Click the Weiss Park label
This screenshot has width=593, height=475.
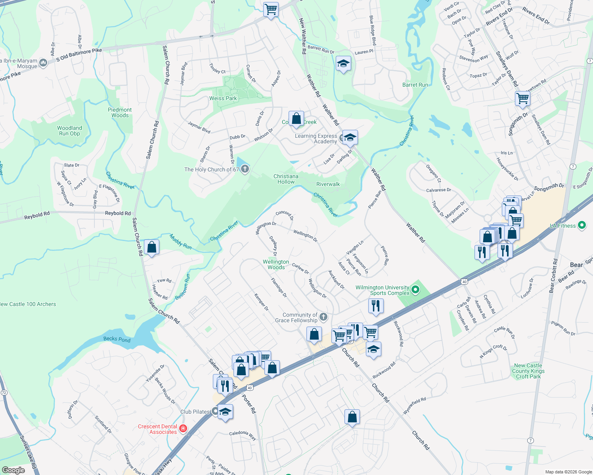(223, 98)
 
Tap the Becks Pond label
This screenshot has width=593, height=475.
(117, 339)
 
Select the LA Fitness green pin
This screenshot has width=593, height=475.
(582, 226)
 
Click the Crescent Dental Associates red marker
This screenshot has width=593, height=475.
(183, 428)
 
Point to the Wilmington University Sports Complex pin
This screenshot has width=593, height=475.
(415, 290)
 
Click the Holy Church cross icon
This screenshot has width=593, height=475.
(245, 169)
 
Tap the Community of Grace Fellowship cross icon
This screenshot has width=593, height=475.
(323, 317)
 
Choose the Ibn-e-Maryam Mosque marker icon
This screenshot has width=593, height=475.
(43, 63)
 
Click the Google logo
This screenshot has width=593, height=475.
(13, 470)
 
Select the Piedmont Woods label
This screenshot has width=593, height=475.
(120, 112)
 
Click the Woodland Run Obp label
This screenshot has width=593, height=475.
(69, 131)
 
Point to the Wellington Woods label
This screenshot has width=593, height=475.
(276, 264)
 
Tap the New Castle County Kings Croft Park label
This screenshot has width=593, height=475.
(528, 371)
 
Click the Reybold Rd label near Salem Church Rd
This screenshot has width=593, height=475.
(118, 213)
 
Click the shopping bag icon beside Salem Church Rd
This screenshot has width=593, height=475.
(151, 247)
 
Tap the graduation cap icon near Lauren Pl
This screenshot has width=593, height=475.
(343, 63)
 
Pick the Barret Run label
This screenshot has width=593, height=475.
(415, 85)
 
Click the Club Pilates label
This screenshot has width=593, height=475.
(195, 412)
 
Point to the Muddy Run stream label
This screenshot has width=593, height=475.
(181, 242)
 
